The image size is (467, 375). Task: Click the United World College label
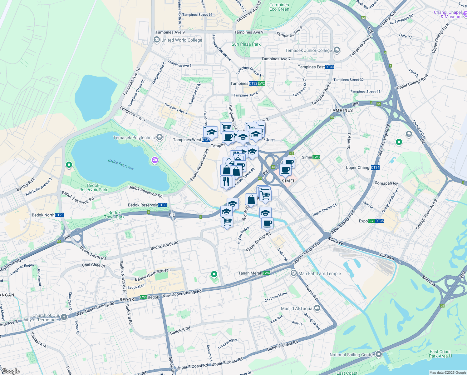point(182,40)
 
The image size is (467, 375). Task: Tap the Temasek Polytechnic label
point(134,137)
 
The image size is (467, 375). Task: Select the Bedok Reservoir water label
point(121,164)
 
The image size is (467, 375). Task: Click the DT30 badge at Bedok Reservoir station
point(162,205)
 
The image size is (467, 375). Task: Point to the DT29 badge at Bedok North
point(59,215)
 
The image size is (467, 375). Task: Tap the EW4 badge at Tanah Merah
point(266,273)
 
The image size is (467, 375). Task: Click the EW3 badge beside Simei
point(316,157)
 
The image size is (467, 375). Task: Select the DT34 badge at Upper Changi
point(375,167)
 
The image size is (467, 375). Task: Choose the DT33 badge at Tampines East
point(330,67)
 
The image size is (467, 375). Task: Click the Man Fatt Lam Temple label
point(320,273)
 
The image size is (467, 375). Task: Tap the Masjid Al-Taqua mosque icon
point(317,308)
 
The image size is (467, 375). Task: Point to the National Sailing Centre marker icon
point(379,354)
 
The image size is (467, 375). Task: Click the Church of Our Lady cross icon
point(64,317)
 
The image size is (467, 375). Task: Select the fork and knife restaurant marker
point(226,181)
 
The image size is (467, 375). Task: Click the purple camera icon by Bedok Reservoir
point(155,160)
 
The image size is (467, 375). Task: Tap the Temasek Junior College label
point(308,50)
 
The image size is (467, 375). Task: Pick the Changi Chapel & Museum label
point(448,14)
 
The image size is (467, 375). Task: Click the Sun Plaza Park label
point(246,44)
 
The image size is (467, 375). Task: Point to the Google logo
point(10,371)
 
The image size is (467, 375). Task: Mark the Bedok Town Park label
point(114,215)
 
